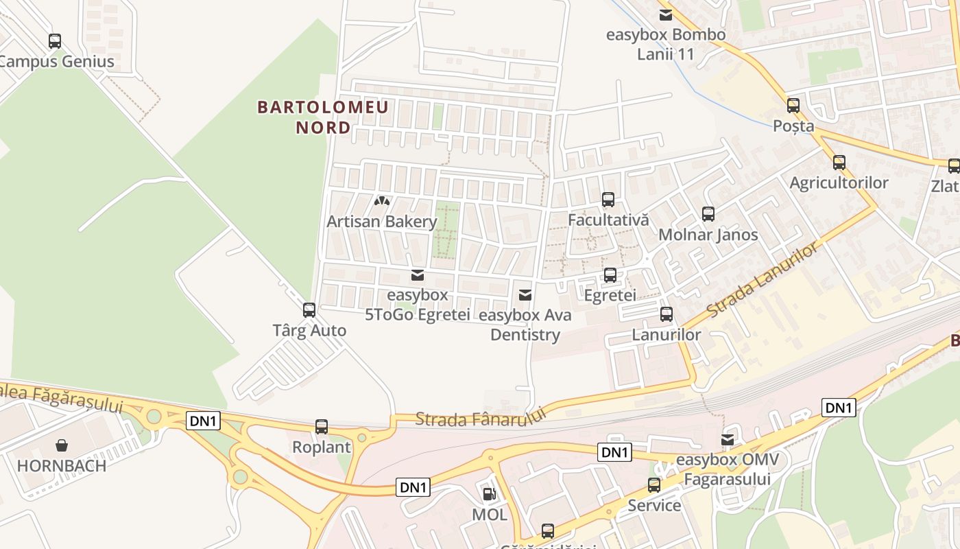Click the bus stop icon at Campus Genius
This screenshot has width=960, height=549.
point(55,41)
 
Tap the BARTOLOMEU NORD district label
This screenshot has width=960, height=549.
point(323,117)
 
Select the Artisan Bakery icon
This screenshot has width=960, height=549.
point(382,202)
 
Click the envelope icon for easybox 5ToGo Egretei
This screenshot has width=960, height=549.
point(417,276)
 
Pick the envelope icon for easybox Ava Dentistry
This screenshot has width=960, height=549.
point(525,295)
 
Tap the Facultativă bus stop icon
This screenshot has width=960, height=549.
point(608,200)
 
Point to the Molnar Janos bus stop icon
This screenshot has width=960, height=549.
point(708,214)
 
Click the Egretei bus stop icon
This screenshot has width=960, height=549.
point(610,275)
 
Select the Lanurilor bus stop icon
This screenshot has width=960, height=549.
point(667,315)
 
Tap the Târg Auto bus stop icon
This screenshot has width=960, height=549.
point(309,310)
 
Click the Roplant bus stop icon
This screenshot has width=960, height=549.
point(322,427)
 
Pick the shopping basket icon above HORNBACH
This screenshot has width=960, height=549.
point(62,445)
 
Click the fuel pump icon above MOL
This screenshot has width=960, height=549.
point(489,493)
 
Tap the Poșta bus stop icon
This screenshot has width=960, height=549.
point(793,106)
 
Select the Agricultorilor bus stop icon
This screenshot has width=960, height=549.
point(839,163)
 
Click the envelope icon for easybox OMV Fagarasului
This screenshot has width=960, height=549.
point(728,439)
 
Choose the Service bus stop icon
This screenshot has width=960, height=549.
point(654,485)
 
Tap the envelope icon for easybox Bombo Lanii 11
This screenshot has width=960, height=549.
point(665,15)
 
